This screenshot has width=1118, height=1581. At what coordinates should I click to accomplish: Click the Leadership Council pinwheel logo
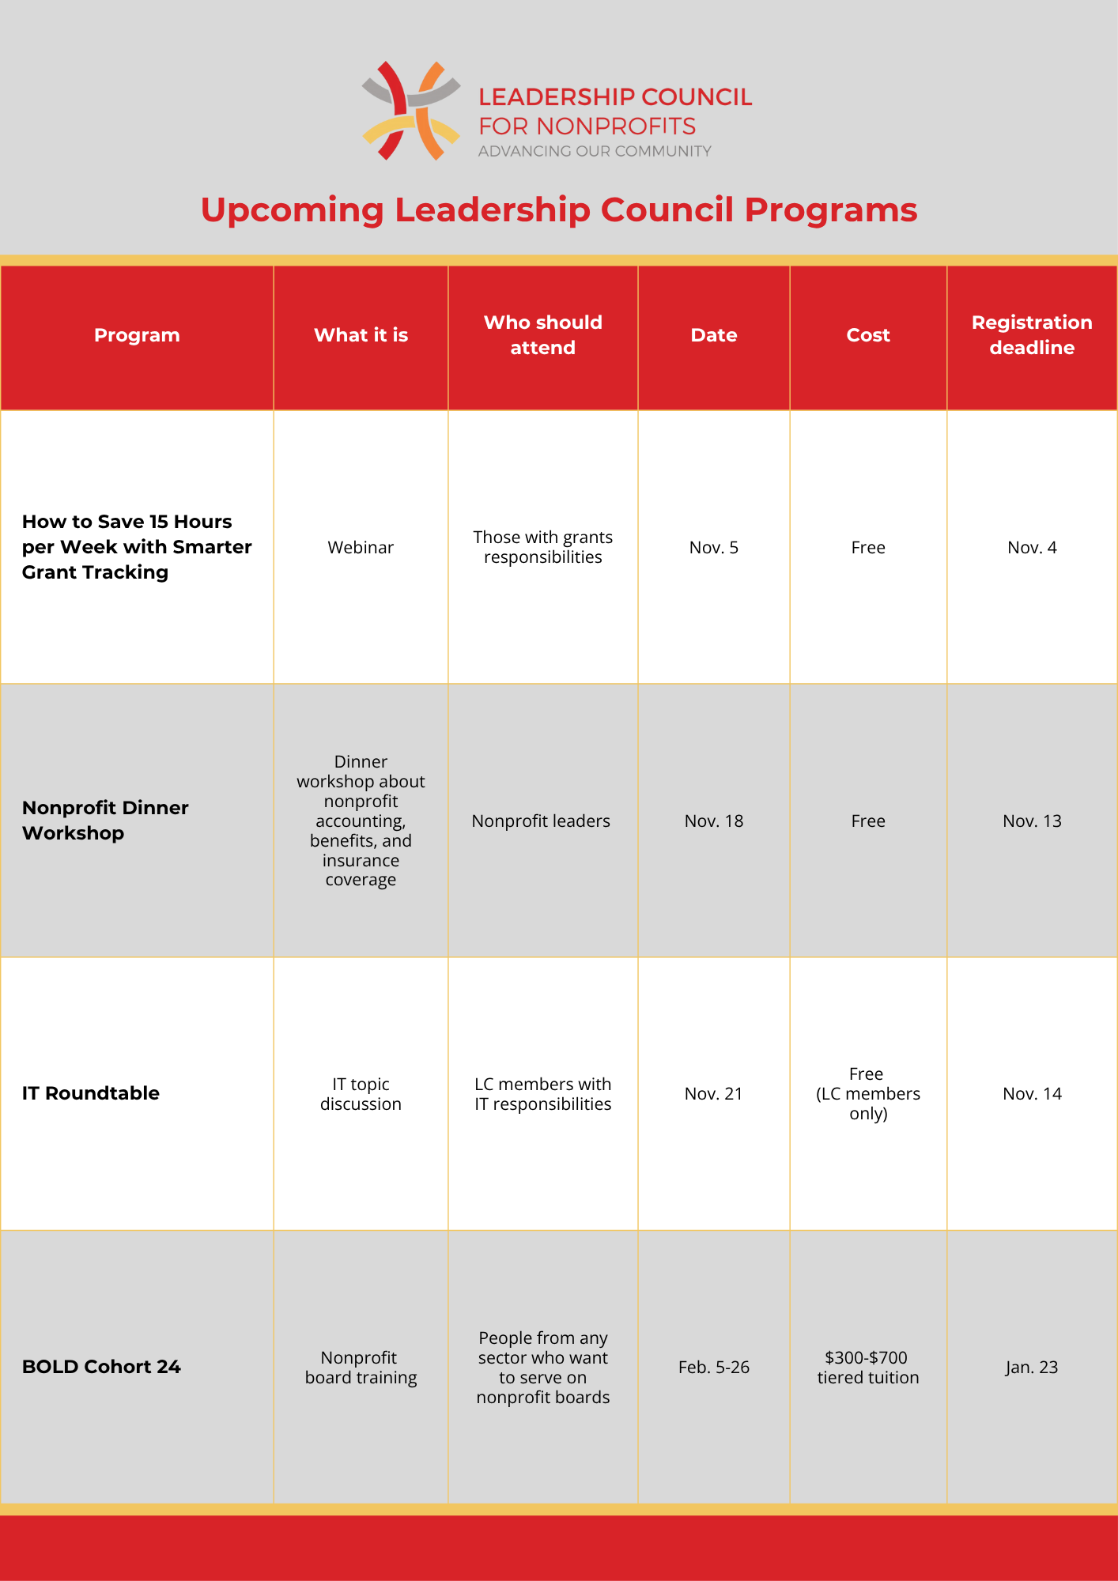411,111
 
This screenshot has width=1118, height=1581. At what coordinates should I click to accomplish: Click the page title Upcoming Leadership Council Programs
558,210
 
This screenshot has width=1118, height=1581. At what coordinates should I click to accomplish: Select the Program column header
137,335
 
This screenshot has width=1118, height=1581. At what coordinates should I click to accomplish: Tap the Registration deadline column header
1032,335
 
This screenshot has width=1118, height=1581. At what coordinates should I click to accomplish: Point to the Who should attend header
542,335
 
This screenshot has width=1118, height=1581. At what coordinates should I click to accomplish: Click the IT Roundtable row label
91,1093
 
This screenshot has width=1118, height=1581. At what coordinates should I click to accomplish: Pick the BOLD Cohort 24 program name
101,1367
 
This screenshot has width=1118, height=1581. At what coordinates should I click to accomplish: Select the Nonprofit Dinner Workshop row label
105,821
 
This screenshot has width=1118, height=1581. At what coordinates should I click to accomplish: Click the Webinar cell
361,548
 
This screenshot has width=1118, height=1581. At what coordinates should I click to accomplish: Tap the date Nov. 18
714,821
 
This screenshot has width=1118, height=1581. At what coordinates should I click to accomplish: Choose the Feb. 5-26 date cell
714,1368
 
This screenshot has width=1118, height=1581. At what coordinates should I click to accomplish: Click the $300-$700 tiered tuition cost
868,1368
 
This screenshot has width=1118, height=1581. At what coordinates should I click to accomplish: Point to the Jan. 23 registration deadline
1032,1368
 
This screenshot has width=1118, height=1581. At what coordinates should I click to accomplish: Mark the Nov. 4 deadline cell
1032,548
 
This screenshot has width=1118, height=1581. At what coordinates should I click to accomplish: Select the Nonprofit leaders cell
541,821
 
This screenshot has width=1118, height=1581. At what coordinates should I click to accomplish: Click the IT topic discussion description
361,1094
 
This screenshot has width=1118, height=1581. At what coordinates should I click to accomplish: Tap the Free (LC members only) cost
868,1094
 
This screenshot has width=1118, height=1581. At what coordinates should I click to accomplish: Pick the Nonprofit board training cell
361,1368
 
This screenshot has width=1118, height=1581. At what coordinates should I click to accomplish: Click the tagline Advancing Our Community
595,151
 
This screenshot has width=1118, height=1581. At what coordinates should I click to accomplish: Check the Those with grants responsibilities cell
542,547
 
